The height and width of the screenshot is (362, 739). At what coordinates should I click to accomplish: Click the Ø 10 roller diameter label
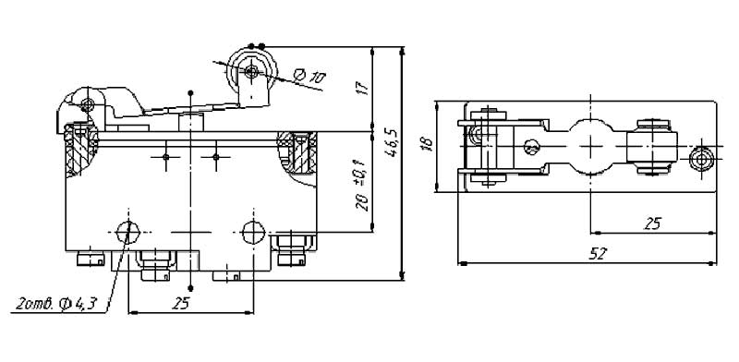(x=309, y=76)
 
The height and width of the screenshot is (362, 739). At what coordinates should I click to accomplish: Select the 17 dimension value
(x=362, y=88)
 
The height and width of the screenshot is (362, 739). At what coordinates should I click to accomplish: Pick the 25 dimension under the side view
(x=180, y=304)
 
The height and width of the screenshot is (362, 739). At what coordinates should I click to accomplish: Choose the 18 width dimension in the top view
(x=428, y=145)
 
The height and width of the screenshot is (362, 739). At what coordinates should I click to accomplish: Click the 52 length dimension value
(x=598, y=254)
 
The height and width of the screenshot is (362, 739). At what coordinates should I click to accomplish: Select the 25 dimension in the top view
(x=653, y=223)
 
